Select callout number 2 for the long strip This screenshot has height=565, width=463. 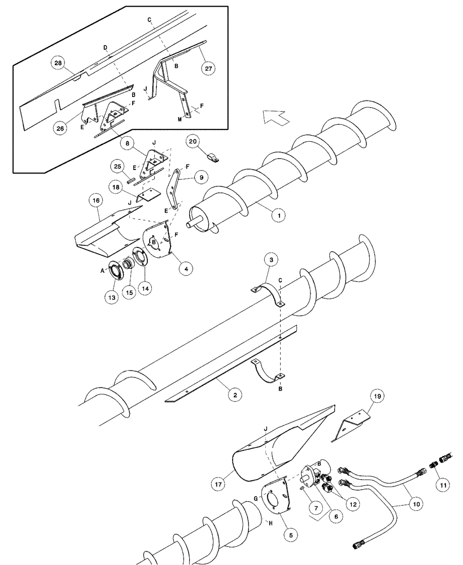tap(232, 395)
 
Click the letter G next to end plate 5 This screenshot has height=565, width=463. tap(256, 497)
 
